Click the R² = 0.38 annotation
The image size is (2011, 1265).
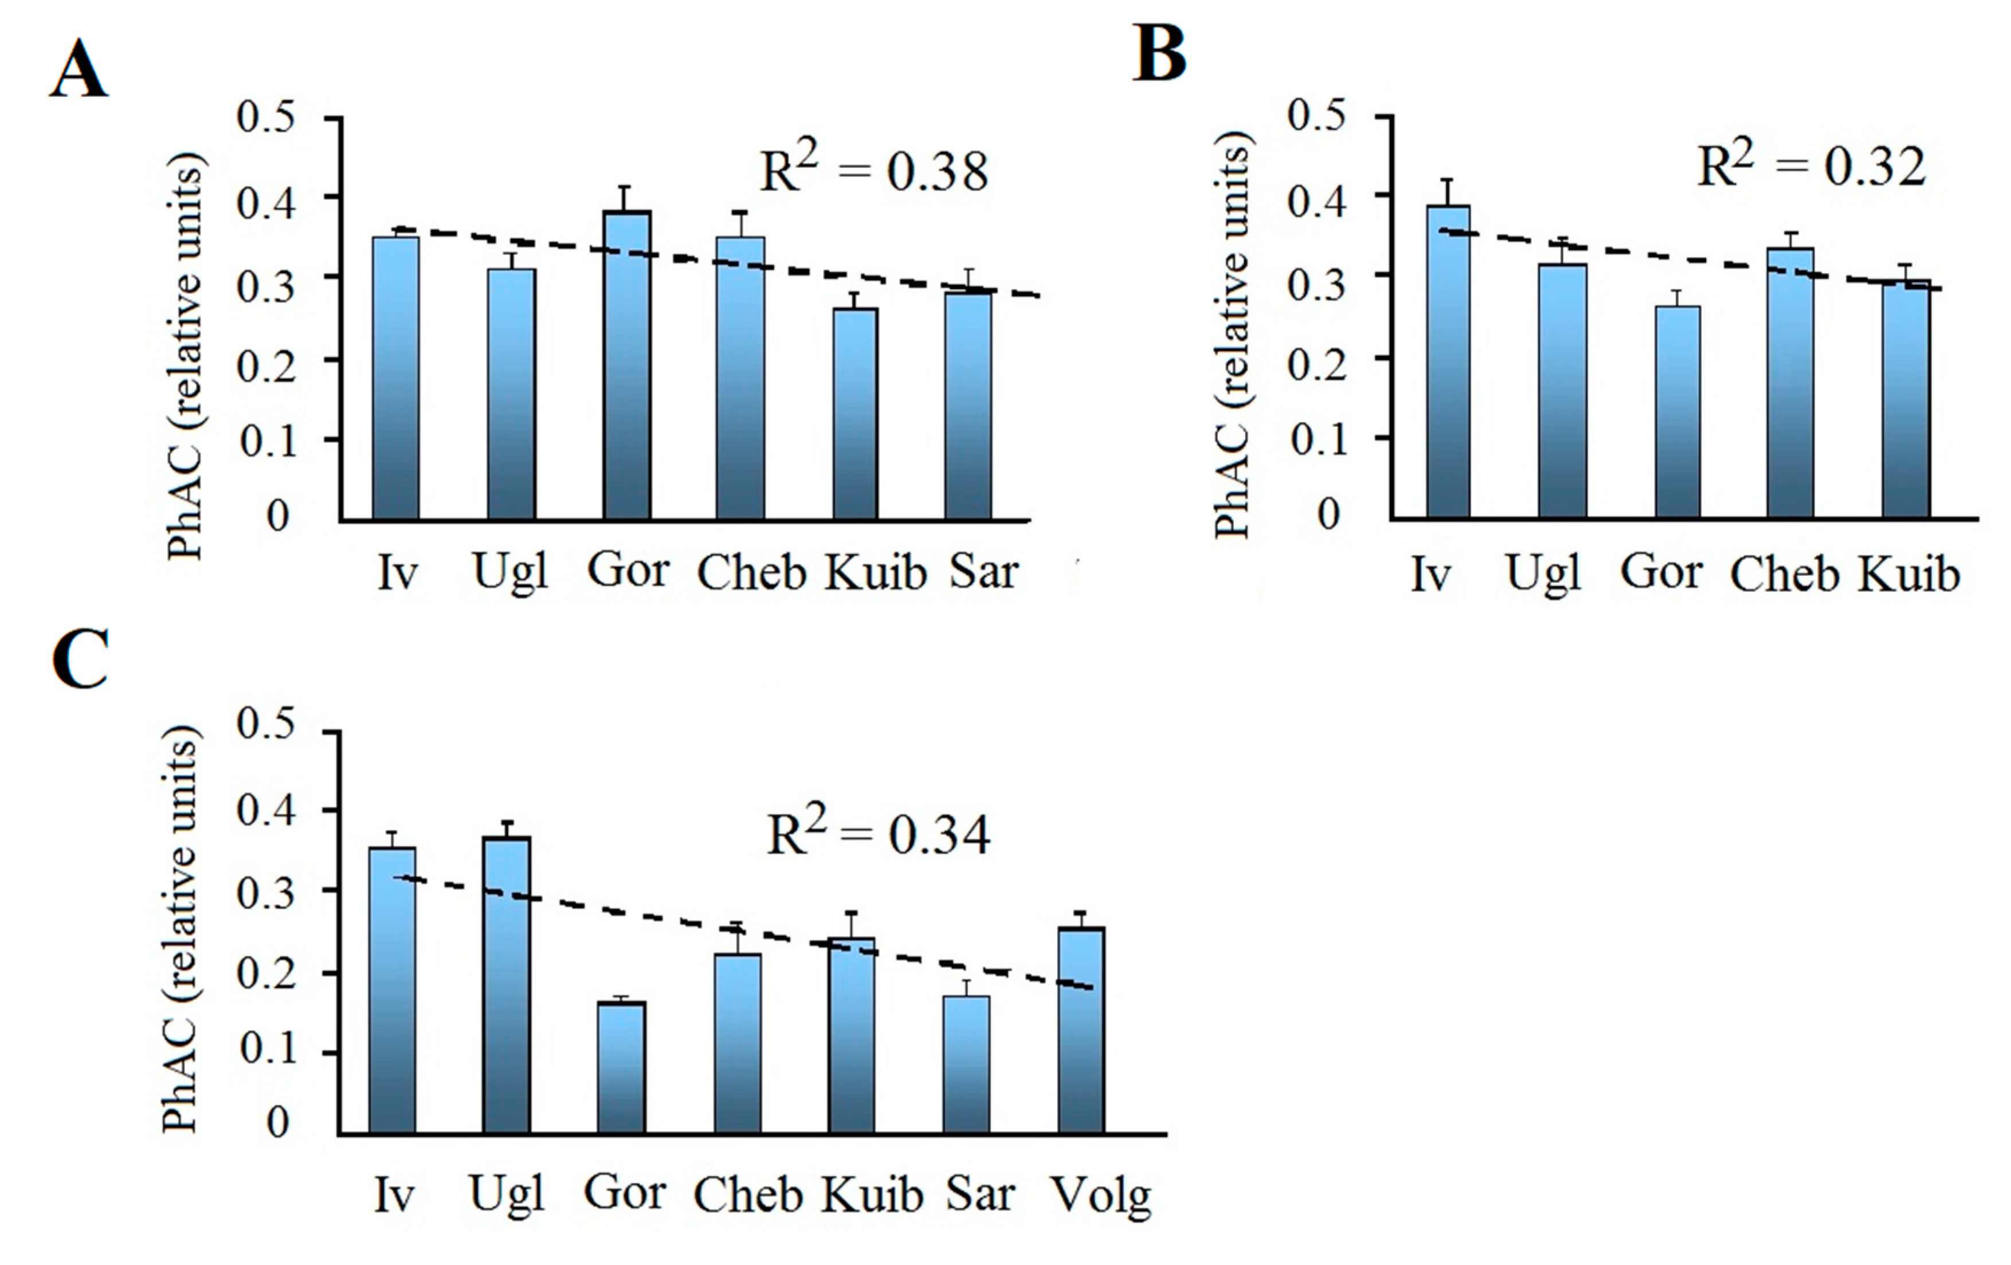873,170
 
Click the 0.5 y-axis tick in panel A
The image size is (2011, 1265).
265,117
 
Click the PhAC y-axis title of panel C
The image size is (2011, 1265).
181,927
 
